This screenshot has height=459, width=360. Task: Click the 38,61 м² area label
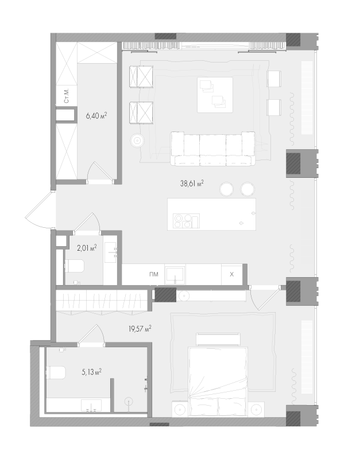[192, 184]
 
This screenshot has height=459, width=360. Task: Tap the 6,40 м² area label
[96, 116]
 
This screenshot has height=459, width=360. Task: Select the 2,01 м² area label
[87, 248]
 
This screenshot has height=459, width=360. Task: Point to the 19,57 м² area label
[140, 329]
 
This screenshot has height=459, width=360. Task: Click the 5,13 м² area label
[91, 372]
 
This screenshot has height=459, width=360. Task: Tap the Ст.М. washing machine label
[67, 95]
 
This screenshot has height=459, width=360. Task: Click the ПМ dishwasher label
[154, 274]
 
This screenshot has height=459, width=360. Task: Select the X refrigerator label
[232, 274]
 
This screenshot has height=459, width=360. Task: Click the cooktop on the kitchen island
[186, 221]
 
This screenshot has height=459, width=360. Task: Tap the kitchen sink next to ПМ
[175, 275]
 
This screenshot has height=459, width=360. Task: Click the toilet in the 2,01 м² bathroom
[75, 266]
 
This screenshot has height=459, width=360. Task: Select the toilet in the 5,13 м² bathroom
[56, 372]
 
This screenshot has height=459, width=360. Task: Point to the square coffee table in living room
[215, 95]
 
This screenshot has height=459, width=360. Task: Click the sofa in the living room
[212, 149]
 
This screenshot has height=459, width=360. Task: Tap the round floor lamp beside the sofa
[137, 141]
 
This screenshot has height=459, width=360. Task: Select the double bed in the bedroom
[219, 382]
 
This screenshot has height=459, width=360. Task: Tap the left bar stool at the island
[226, 189]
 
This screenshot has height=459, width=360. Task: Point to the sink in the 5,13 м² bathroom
[91, 406]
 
